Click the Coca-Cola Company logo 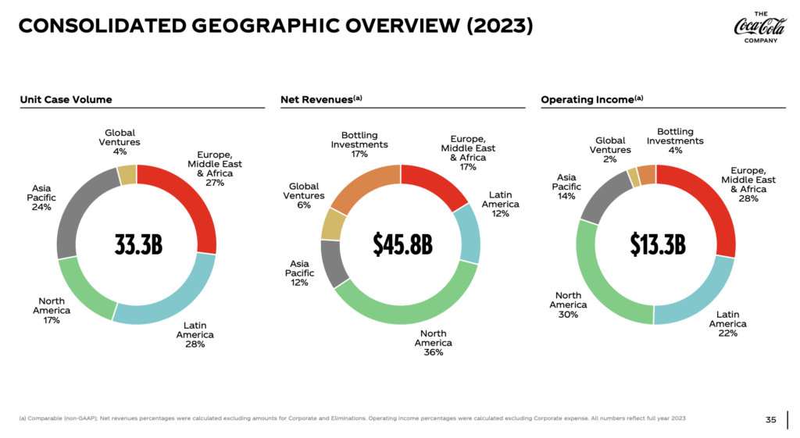(x=755, y=27)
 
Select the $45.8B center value (x=400, y=244)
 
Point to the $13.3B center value (x=657, y=244)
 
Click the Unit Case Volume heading (x=66, y=99)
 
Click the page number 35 (x=770, y=420)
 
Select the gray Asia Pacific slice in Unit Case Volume (x=74, y=211)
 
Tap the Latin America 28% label (x=194, y=334)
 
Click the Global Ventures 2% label (x=610, y=150)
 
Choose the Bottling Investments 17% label (x=359, y=144)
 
